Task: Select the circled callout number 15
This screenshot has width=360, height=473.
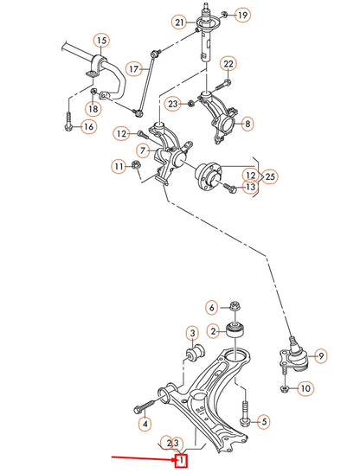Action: (101, 41)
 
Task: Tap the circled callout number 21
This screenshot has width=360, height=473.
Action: (179, 22)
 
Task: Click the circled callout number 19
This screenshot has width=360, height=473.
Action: (241, 15)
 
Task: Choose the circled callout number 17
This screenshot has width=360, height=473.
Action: (133, 68)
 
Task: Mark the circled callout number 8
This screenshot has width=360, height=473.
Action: (248, 125)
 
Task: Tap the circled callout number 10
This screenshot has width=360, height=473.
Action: (305, 389)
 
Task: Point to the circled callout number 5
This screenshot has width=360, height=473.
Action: (265, 422)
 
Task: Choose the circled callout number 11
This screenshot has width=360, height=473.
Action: (118, 165)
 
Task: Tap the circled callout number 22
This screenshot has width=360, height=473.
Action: (228, 64)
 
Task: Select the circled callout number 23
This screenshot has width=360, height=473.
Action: (173, 104)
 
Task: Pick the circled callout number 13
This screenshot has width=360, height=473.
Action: (250, 186)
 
